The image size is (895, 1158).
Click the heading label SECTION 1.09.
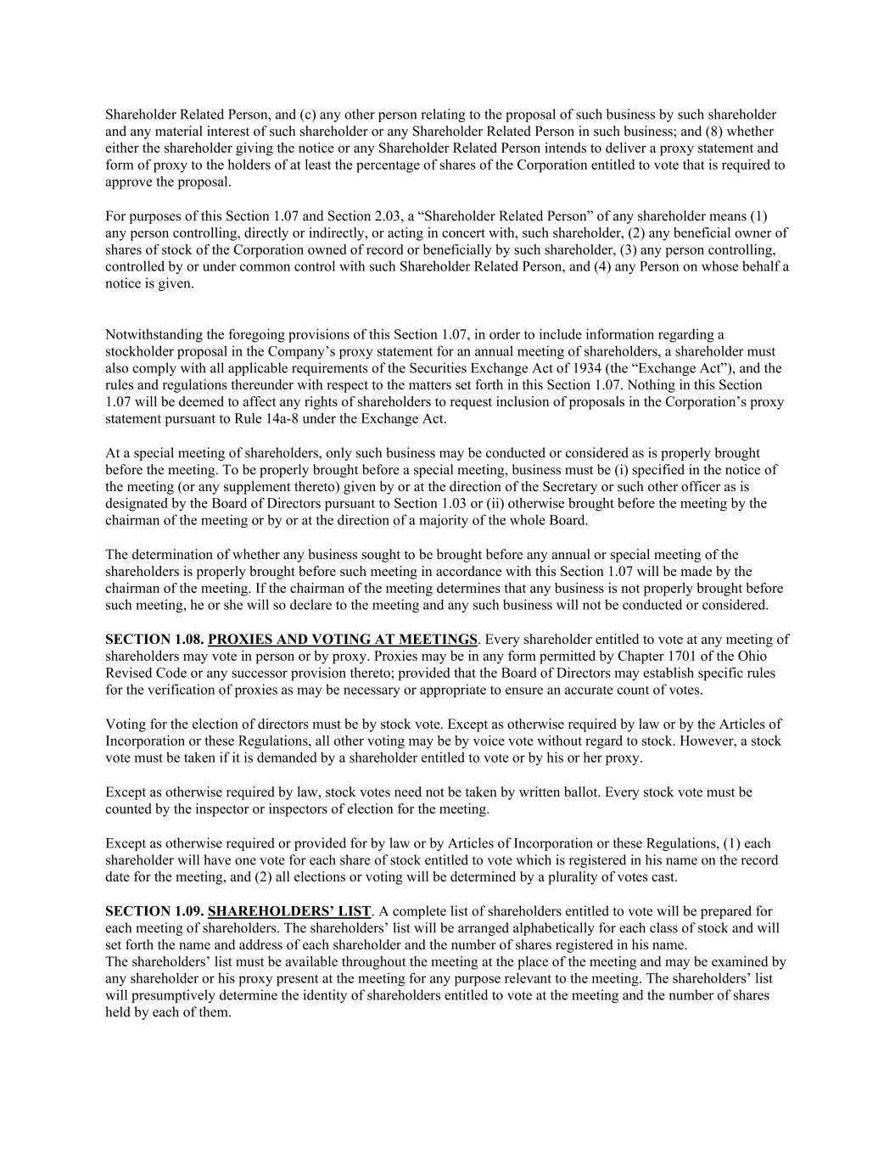154,911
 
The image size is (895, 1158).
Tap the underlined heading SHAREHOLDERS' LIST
289,911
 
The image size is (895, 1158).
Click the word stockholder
137,351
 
